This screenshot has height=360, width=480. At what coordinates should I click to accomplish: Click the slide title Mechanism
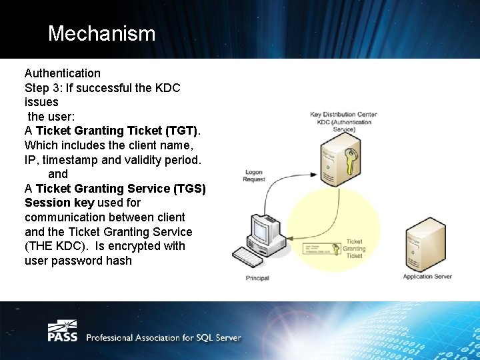(101, 33)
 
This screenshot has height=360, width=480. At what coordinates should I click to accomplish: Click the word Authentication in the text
(63, 73)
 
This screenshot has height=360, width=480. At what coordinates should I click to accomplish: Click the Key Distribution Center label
(343, 115)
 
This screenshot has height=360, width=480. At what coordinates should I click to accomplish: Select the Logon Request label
(254, 176)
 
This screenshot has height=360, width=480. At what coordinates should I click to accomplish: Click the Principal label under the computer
(257, 277)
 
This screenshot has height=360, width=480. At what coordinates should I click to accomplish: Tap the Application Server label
(427, 276)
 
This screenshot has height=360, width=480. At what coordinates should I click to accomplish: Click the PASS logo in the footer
(62, 331)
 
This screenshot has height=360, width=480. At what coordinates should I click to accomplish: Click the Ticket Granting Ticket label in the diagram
(353, 249)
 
